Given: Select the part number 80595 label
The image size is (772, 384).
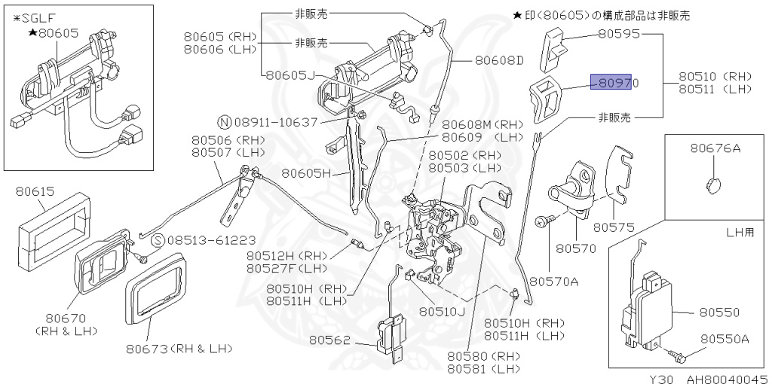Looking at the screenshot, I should (619, 34).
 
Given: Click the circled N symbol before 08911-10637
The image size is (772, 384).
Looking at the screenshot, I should (224, 121).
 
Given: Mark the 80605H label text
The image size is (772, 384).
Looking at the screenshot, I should (307, 173).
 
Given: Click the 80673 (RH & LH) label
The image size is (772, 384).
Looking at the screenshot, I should (179, 349).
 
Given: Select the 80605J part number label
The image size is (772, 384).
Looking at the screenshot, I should (289, 75).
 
